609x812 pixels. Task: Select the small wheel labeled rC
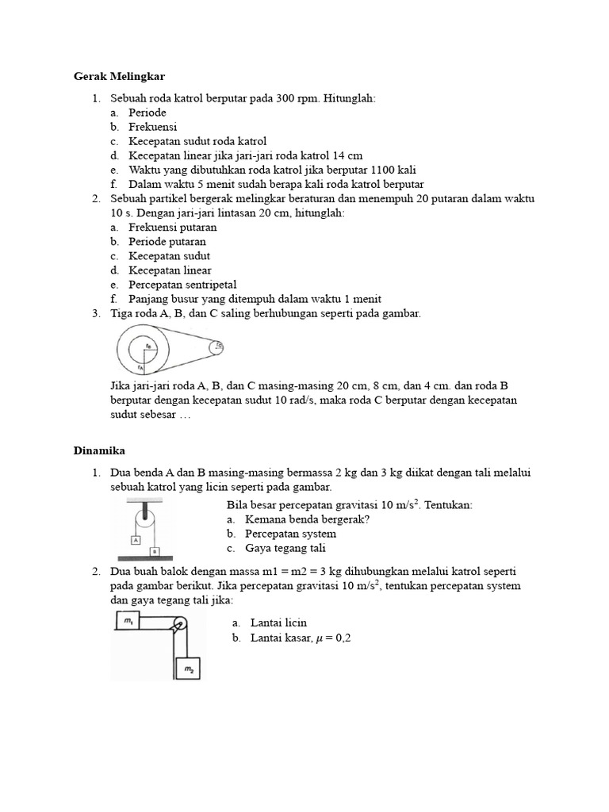[x=218, y=347]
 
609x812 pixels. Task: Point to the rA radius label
[x=139, y=367]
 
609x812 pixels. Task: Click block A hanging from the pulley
[x=136, y=540]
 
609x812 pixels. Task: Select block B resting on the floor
[x=155, y=551]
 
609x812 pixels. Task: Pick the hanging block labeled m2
[x=188, y=670]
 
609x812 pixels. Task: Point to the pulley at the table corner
[x=179, y=624]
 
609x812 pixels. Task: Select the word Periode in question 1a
[x=147, y=113]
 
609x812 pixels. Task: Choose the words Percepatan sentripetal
[x=182, y=285]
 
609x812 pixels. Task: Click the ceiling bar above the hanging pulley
[x=144, y=501]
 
